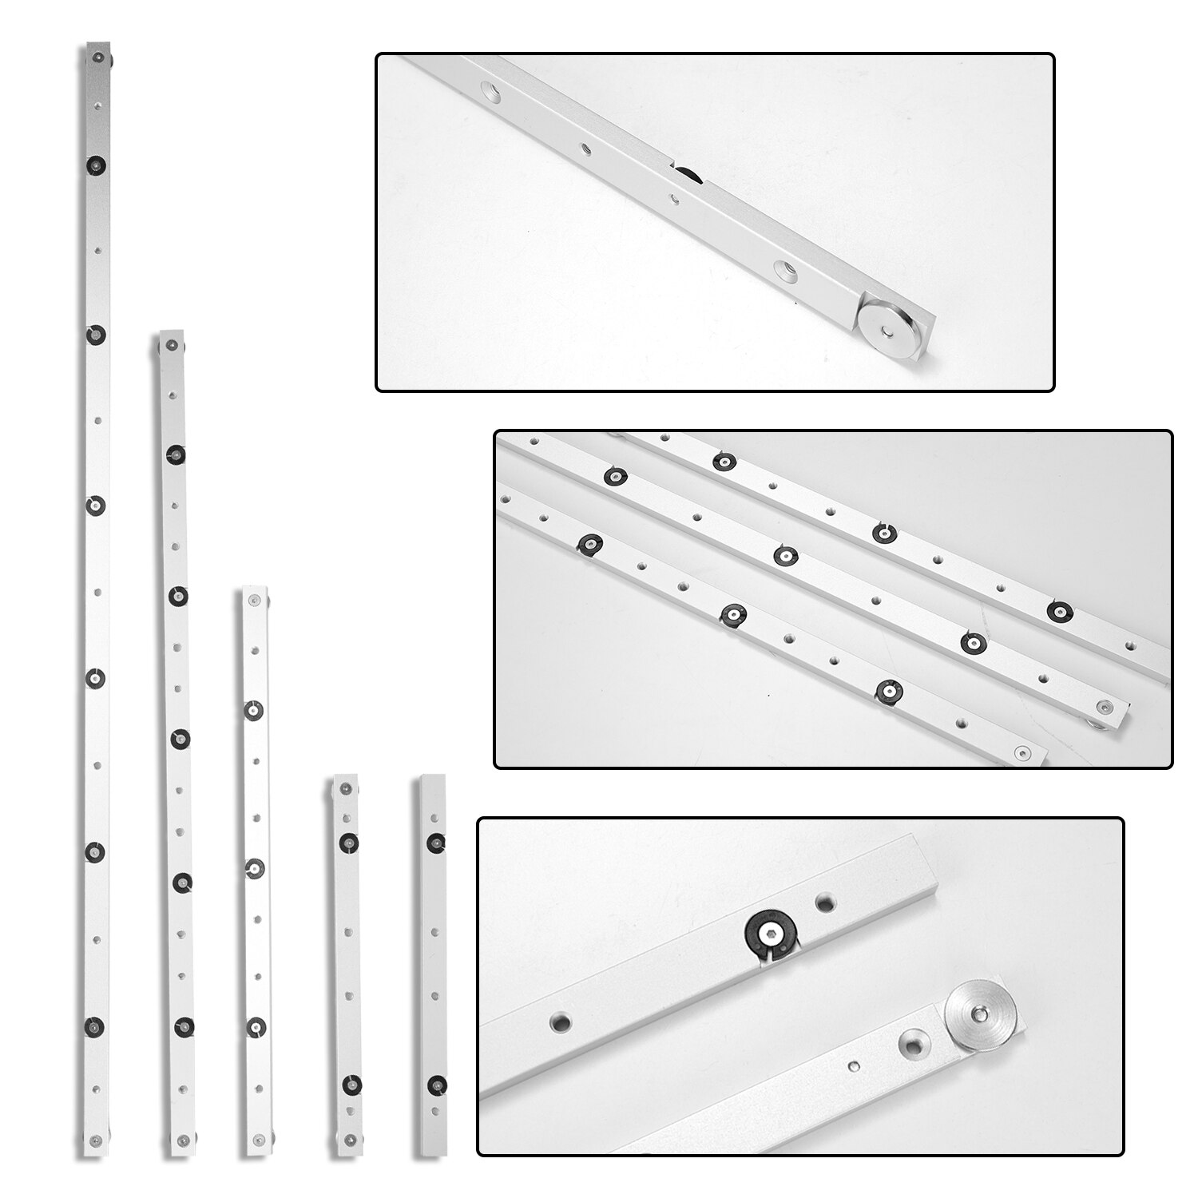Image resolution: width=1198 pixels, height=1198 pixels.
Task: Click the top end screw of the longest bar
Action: tap(97, 57)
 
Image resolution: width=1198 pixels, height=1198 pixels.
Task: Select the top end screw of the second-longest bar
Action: tap(171, 344)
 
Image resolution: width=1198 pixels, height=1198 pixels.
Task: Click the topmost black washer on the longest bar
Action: tap(97, 165)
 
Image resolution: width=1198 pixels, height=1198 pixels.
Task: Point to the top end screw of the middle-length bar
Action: tap(255, 601)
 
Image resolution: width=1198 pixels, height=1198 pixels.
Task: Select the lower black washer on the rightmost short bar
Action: tap(436, 1084)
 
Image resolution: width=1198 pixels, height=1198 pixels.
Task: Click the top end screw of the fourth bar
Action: tap(344, 789)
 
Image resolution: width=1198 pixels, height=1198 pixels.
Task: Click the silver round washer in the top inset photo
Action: tap(888, 327)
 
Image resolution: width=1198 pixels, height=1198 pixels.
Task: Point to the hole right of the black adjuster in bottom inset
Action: tap(826, 903)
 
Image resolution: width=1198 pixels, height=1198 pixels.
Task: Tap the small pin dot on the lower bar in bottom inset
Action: tap(854, 1066)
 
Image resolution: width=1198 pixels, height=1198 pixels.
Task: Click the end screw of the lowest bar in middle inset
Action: tap(1022, 752)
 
